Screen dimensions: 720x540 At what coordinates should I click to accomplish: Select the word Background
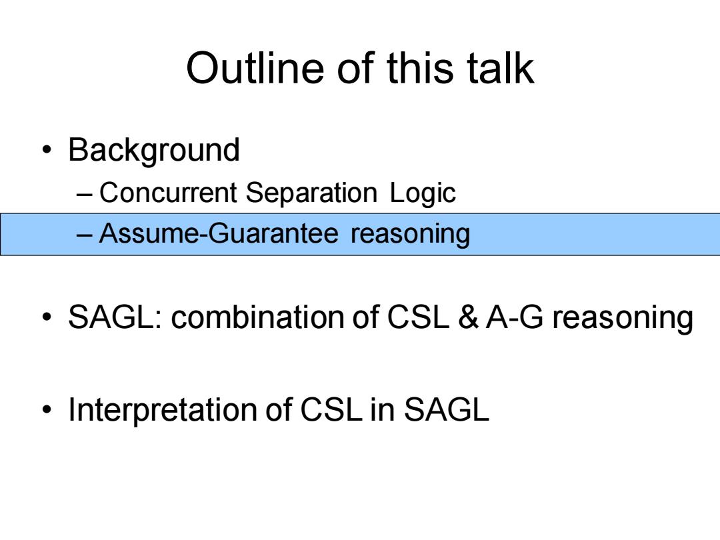click(x=154, y=151)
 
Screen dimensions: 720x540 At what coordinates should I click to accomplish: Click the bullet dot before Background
click(x=47, y=150)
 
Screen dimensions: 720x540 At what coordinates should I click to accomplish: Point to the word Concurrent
click(x=168, y=192)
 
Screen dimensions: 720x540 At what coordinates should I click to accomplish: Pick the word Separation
click(x=311, y=193)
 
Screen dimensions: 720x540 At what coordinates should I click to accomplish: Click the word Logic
click(x=423, y=193)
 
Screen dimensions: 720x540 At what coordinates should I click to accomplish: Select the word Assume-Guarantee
click(x=219, y=233)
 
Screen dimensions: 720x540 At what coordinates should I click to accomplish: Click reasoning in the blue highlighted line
click(x=410, y=234)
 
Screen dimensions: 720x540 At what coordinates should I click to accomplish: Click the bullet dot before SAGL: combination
click(x=47, y=317)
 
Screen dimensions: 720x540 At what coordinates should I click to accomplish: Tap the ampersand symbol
click(x=468, y=317)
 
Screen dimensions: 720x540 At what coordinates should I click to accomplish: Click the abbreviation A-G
click(x=515, y=317)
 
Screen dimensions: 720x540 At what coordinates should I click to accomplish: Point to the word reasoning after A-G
click(x=623, y=319)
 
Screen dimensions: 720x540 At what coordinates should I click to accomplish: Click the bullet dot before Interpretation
click(x=47, y=409)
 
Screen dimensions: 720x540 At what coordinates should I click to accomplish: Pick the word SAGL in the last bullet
click(x=446, y=409)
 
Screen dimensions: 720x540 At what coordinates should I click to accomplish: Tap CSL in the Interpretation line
click(x=330, y=409)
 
